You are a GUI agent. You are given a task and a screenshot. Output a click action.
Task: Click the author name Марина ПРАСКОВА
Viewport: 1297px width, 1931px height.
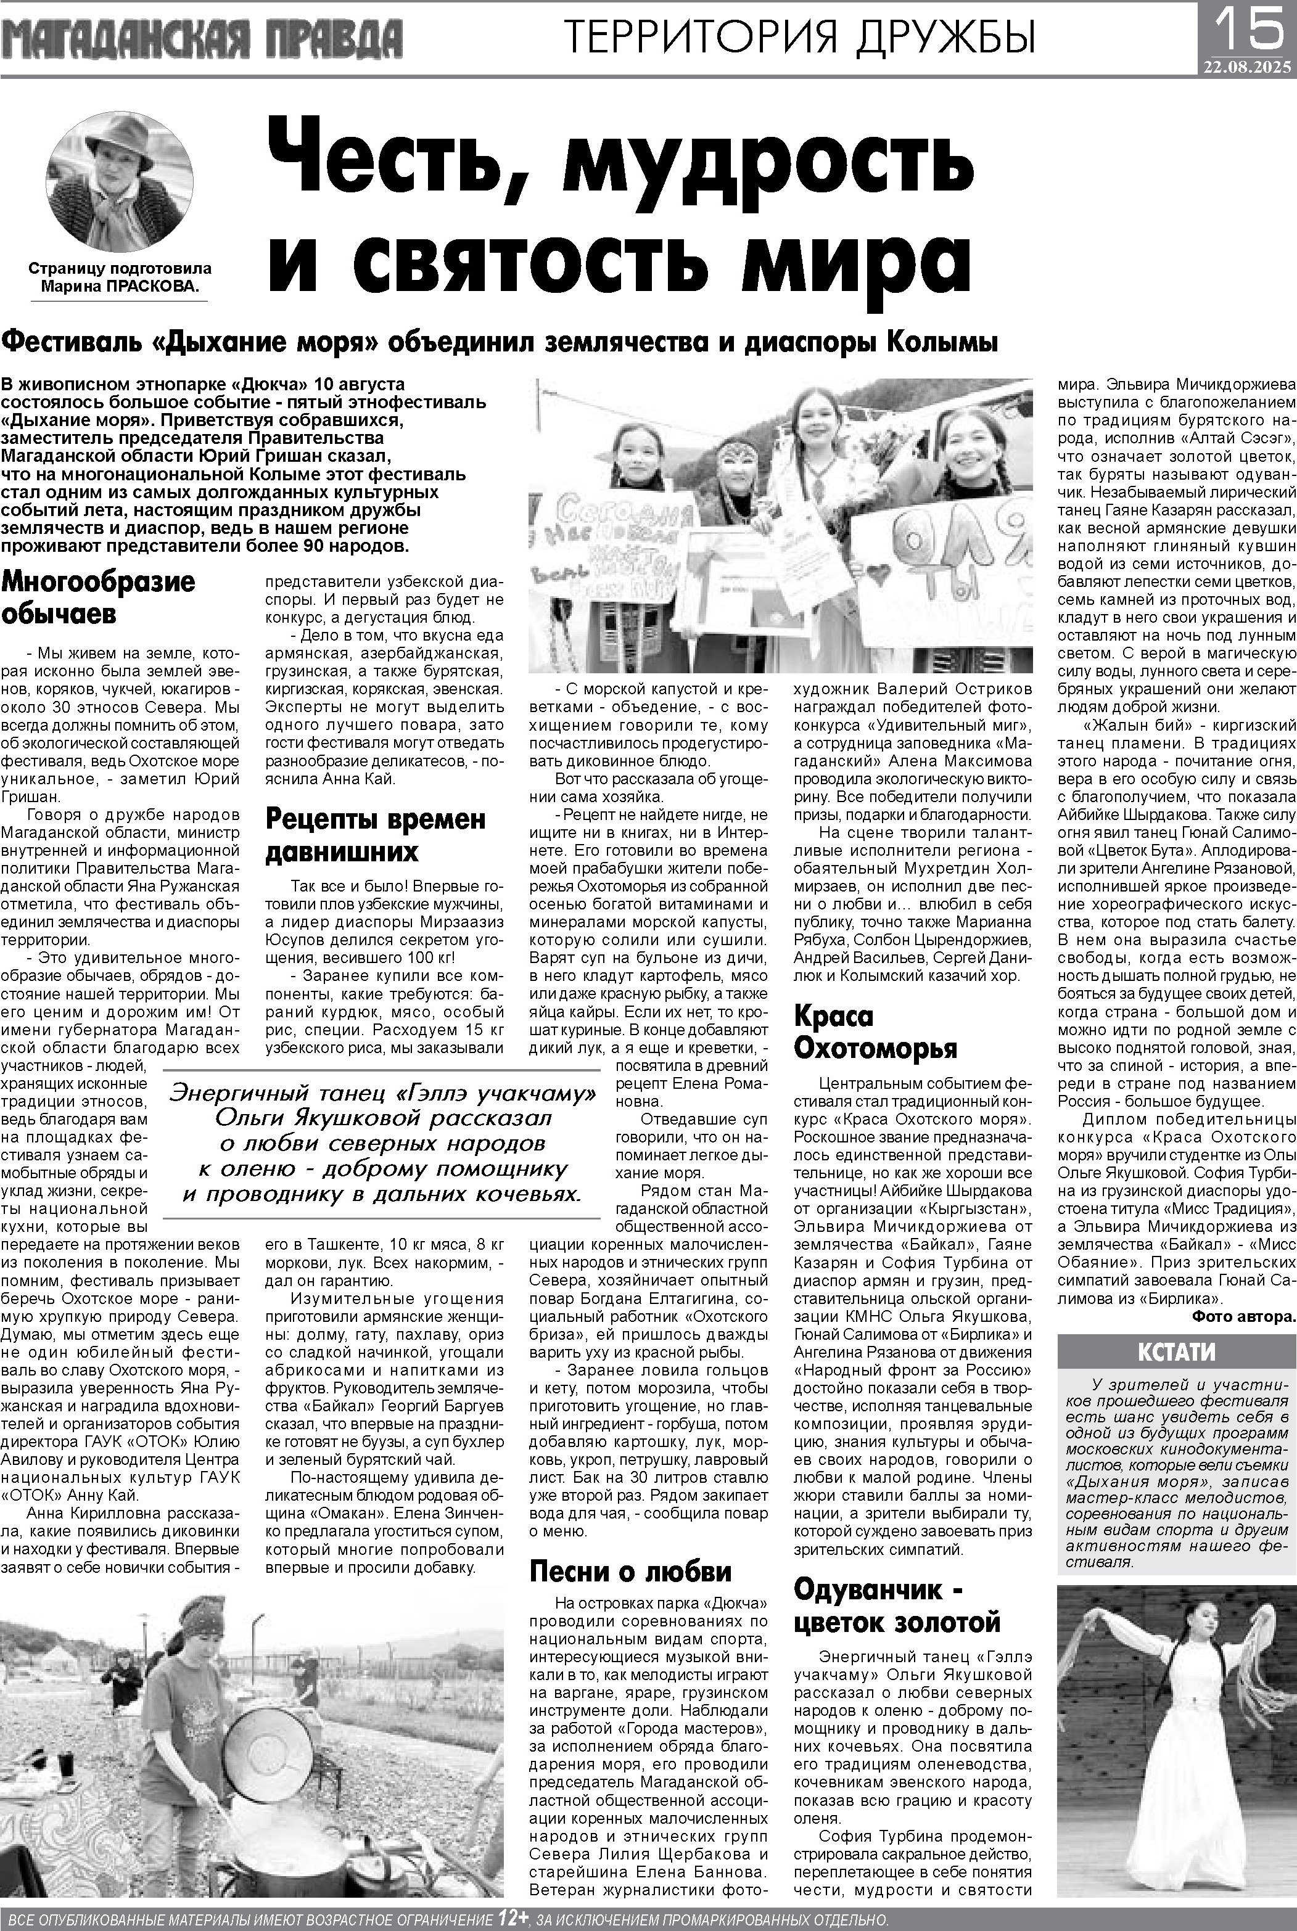click(120, 287)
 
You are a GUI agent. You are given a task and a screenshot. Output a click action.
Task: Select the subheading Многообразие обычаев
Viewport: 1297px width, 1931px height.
click(99, 596)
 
